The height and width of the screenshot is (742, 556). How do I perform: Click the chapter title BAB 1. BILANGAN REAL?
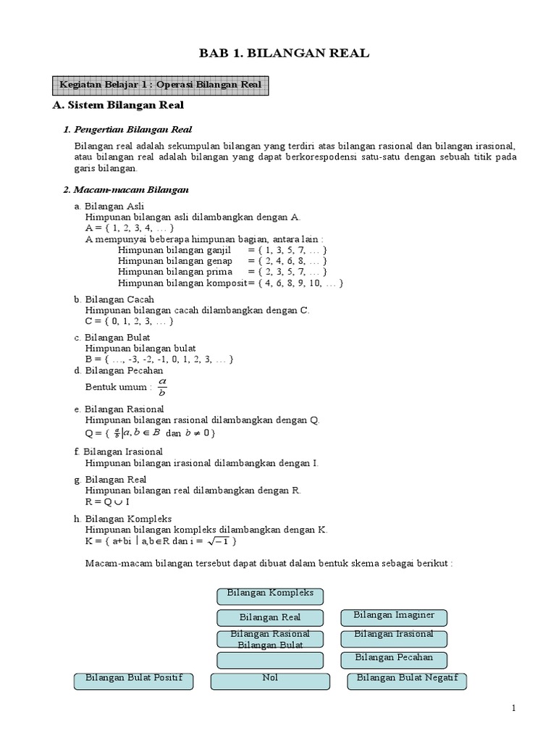pyautogui.click(x=285, y=53)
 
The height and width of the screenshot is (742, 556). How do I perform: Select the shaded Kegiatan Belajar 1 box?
pyautogui.click(x=161, y=86)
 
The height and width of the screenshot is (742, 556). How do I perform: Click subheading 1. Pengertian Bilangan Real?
pyautogui.click(x=127, y=130)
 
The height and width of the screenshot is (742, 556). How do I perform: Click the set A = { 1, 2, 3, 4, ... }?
pyautogui.click(x=130, y=228)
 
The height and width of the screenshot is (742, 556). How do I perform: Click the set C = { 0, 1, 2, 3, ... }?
pyautogui.click(x=130, y=321)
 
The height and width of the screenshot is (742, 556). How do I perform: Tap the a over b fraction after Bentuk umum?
pyautogui.click(x=161, y=386)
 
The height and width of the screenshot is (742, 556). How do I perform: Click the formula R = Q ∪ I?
pyautogui.click(x=107, y=501)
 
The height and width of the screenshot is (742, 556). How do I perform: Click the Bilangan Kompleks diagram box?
pyautogui.click(x=270, y=595)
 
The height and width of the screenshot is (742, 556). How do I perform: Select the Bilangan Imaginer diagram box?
pyautogui.click(x=394, y=617)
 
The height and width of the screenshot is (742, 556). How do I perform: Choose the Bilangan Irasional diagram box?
pyautogui.click(x=394, y=637)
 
